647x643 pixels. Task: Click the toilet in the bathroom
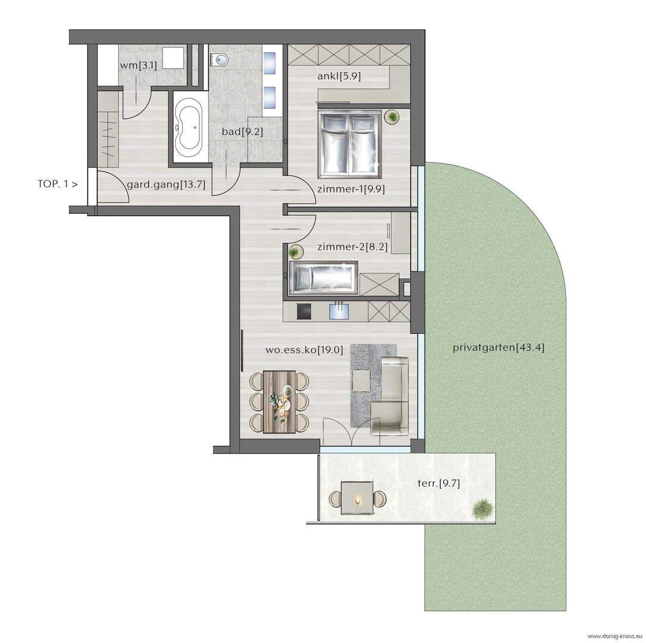(x=219, y=60)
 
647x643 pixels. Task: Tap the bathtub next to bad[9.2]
(x=188, y=127)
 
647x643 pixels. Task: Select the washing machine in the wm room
(x=173, y=58)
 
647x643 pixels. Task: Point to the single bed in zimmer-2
(x=324, y=278)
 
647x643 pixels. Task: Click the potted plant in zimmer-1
(x=392, y=117)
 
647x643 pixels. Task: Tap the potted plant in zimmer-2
(x=295, y=251)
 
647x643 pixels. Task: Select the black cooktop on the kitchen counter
(x=305, y=311)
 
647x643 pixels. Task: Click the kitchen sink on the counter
(x=339, y=311)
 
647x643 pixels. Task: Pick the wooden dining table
(x=279, y=402)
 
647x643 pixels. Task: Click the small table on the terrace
(x=357, y=498)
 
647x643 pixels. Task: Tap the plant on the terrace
(x=482, y=509)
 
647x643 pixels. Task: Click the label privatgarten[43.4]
(x=498, y=348)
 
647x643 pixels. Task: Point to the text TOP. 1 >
(x=57, y=184)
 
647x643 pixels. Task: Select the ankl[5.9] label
(x=339, y=76)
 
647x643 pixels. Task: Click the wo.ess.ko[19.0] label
(x=305, y=350)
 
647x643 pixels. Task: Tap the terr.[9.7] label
(x=439, y=483)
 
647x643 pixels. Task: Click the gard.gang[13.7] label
(x=166, y=185)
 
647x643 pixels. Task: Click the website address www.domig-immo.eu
(x=615, y=636)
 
